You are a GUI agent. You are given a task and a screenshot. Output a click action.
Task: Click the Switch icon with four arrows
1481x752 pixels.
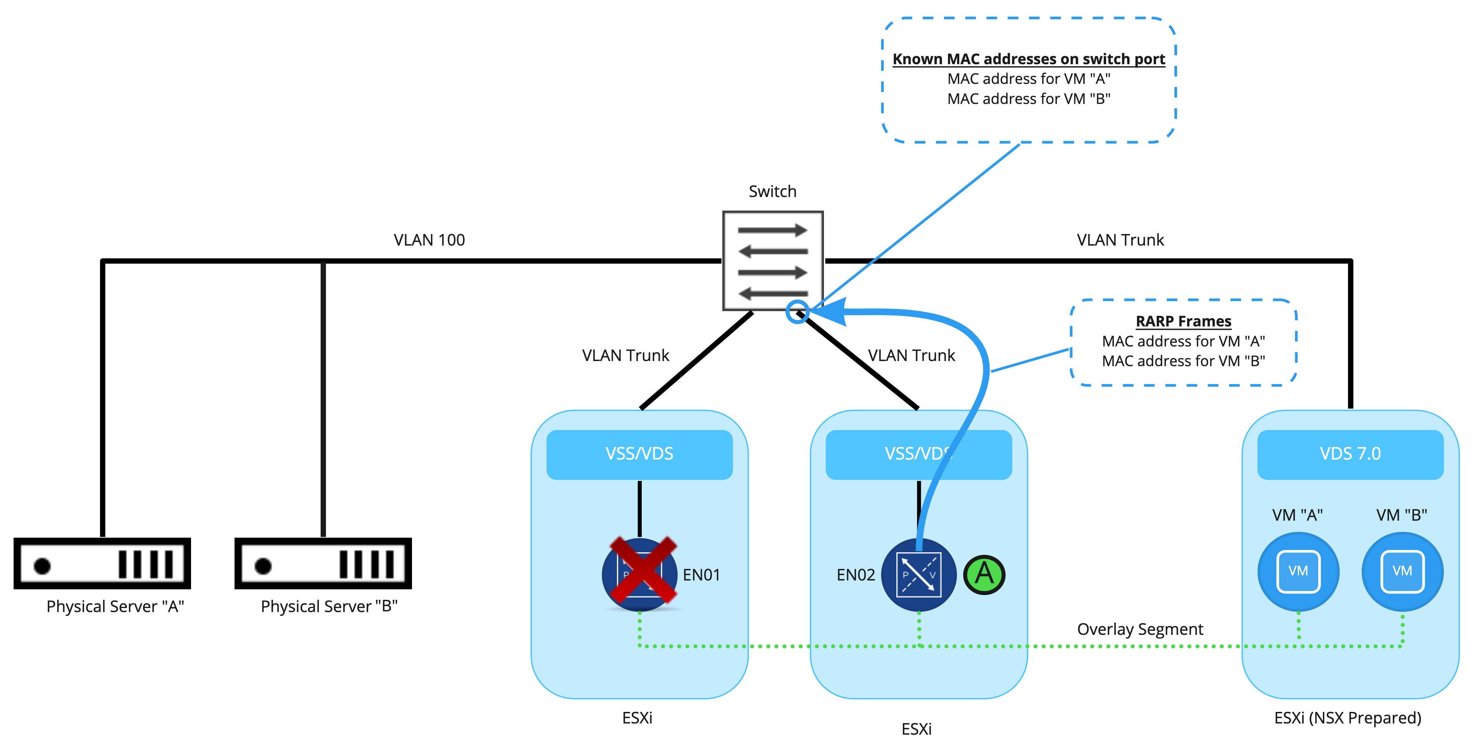[x=773, y=261]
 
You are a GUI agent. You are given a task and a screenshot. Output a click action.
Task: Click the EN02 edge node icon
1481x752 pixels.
[x=918, y=574]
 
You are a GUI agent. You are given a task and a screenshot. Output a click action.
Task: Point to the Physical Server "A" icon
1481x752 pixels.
[x=102, y=563]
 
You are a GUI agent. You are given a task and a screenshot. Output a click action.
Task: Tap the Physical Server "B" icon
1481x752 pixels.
[x=323, y=563]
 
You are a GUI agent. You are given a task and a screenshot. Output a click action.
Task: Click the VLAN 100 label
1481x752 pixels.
[x=429, y=240]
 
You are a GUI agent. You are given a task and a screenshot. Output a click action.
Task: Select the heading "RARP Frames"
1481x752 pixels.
[x=1183, y=321]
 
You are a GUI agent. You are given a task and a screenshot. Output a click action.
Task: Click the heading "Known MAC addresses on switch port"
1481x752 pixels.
[x=1029, y=59]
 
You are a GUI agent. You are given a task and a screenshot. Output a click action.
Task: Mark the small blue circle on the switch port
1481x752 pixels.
[x=797, y=312]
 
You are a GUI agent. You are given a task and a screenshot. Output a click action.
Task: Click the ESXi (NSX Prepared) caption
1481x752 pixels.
[x=1347, y=718]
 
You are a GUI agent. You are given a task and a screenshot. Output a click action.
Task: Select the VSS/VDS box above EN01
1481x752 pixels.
[x=639, y=454]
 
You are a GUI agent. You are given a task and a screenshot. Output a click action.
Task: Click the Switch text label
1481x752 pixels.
[x=772, y=191]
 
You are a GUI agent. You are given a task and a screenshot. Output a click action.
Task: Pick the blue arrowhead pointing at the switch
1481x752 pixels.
[x=831, y=312]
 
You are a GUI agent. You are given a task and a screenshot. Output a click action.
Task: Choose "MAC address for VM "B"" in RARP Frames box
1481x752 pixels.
[x=1183, y=361]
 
